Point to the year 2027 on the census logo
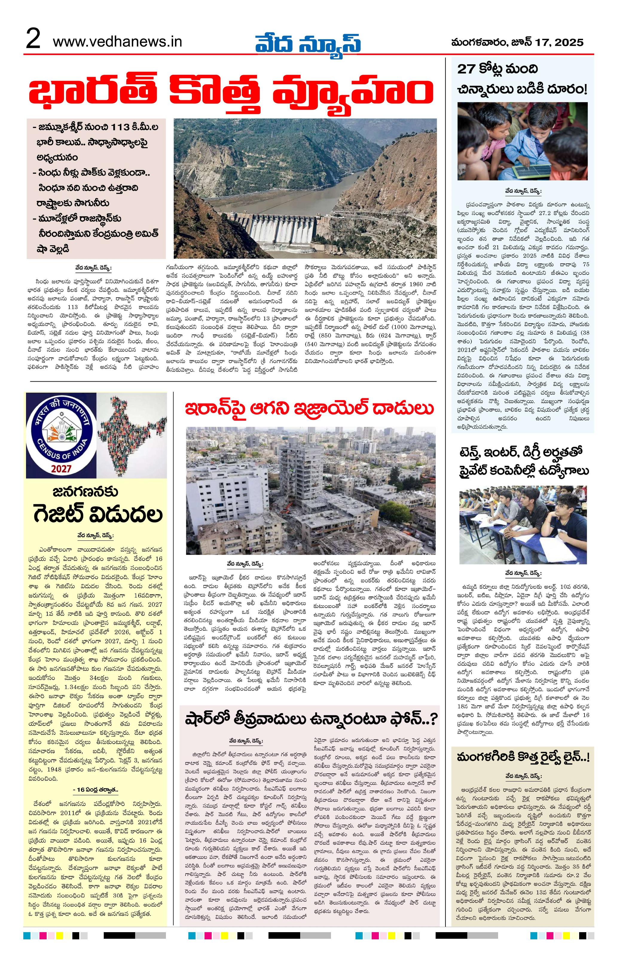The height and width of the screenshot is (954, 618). [x=61, y=469]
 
